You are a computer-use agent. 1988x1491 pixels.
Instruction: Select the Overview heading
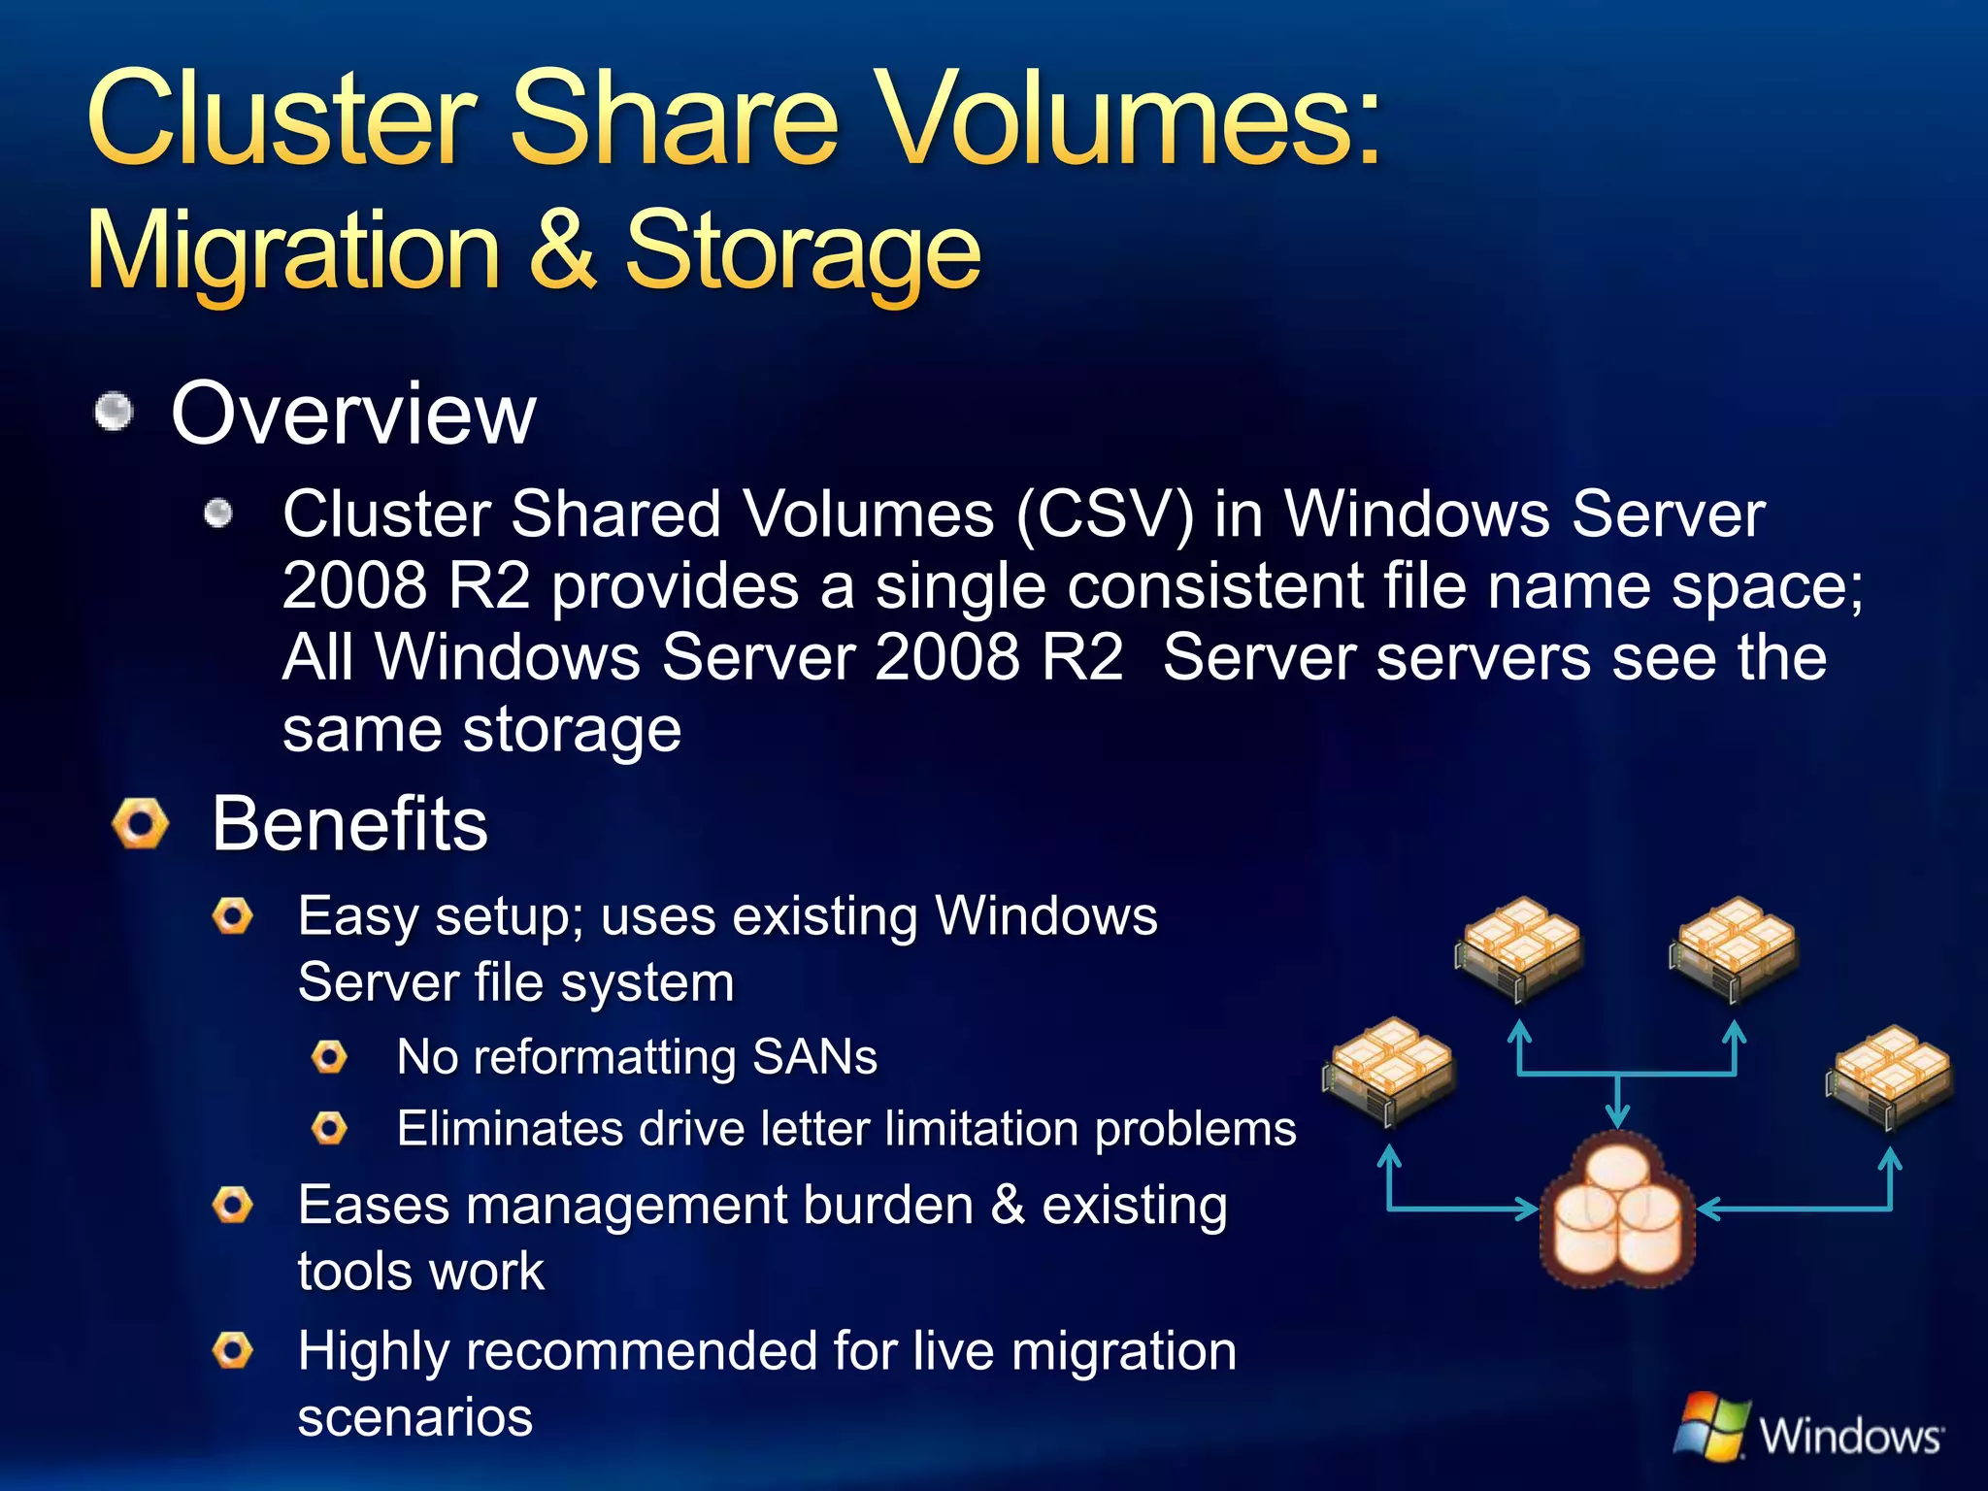click(x=353, y=414)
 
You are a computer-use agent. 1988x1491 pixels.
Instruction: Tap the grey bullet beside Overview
click(x=115, y=411)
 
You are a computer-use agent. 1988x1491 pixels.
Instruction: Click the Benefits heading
click(x=349, y=824)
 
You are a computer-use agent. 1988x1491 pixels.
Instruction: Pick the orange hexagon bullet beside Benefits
click(x=141, y=824)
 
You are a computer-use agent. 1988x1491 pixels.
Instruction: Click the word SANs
click(x=814, y=1056)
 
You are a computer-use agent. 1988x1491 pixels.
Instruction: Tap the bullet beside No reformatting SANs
click(x=330, y=1056)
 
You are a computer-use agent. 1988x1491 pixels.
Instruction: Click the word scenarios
click(x=415, y=1417)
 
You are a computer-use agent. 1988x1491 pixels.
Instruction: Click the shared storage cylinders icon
click(x=1617, y=1211)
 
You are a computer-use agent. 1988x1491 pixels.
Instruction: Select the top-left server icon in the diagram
click(x=1519, y=946)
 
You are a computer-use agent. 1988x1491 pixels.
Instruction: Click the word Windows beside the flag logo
click(x=1850, y=1435)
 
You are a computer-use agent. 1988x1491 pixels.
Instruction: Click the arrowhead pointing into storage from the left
click(x=1528, y=1209)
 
